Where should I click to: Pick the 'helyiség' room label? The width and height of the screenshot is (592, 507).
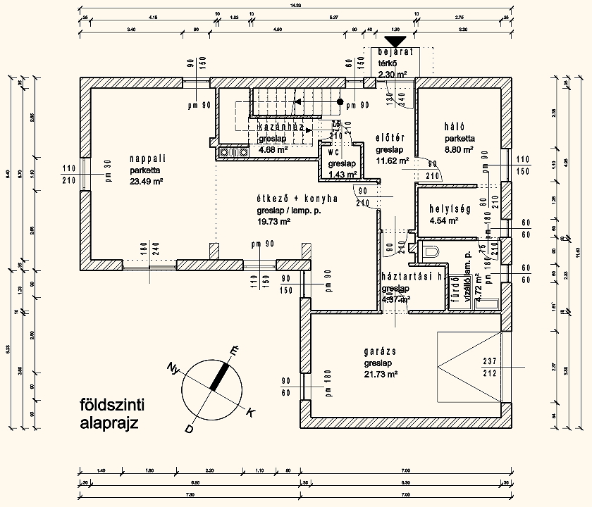click(x=452, y=210)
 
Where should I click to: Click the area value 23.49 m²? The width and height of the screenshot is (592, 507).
click(x=147, y=181)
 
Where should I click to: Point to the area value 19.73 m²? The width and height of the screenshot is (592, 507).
click(x=274, y=221)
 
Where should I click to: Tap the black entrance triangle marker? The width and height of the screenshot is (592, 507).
click(x=397, y=43)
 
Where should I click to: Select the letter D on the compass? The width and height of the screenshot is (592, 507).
click(x=189, y=428)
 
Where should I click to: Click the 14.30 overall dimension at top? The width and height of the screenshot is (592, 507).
click(x=295, y=6)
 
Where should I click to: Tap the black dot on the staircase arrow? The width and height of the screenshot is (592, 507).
click(x=340, y=102)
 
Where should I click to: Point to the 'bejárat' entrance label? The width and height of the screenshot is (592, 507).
click(x=394, y=53)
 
